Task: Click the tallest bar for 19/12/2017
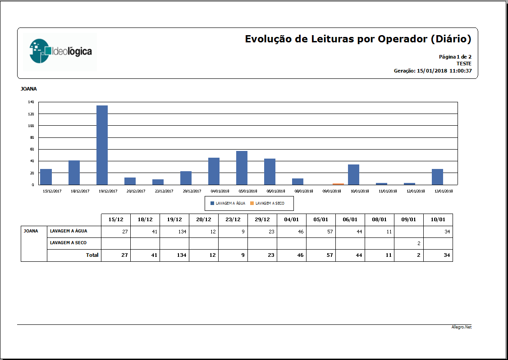point(102,145)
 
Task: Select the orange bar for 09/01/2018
point(338,184)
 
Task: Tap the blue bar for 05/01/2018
point(242,168)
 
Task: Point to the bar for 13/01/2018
point(437,177)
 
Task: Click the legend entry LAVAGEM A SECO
point(267,203)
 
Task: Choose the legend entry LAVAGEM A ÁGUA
point(228,203)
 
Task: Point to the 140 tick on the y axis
point(31,102)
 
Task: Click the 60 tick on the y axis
point(32,149)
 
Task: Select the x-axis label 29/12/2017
point(192,191)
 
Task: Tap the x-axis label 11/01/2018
point(388,191)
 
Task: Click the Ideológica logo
point(60,51)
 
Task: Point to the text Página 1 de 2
point(455,57)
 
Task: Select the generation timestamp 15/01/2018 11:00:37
point(444,71)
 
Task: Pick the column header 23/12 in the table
point(233,219)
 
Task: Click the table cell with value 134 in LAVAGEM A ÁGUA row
point(174,232)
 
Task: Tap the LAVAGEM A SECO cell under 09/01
point(408,243)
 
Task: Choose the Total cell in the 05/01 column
point(321,255)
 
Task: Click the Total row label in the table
point(92,255)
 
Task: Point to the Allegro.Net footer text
point(462,327)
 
